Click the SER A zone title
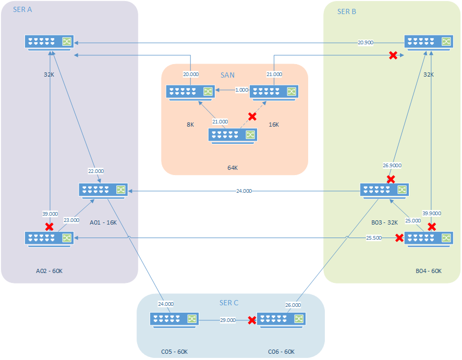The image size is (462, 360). [x=22, y=11]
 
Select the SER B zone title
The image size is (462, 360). [x=347, y=11]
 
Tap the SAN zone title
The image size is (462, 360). [x=227, y=76]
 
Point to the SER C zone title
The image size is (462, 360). [x=229, y=303]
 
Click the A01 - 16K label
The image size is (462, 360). [x=103, y=222]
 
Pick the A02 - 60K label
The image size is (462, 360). [x=49, y=271]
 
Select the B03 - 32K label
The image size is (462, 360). [x=385, y=222]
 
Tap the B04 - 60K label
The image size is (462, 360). [x=429, y=271]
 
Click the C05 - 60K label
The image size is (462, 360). [x=175, y=352]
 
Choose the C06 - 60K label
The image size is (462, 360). [x=281, y=352]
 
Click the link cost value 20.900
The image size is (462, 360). [x=366, y=42]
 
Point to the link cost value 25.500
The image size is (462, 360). [x=374, y=238]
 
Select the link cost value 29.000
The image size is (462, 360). [x=228, y=320]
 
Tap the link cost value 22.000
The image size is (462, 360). [x=95, y=171]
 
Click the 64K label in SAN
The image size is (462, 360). [x=233, y=168]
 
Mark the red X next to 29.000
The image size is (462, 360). [x=252, y=320]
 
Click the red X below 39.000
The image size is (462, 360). [x=50, y=227]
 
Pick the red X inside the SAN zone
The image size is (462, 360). [x=252, y=116]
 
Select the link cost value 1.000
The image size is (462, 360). [x=241, y=90]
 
